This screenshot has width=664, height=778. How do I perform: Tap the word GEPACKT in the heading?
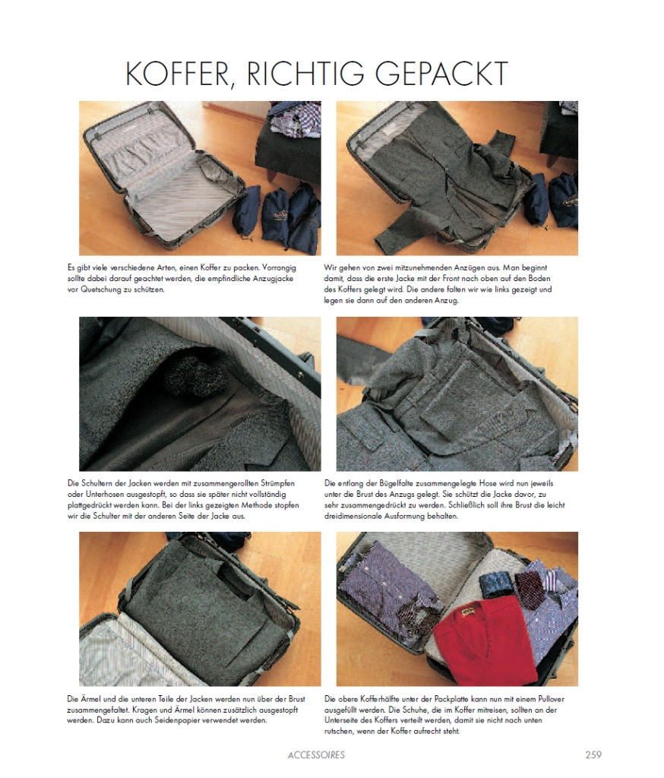pyautogui.click(x=441, y=74)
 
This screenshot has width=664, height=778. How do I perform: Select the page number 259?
pyautogui.click(x=593, y=754)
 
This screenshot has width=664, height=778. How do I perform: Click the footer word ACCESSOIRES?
pyautogui.click(x=316, y=754)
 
